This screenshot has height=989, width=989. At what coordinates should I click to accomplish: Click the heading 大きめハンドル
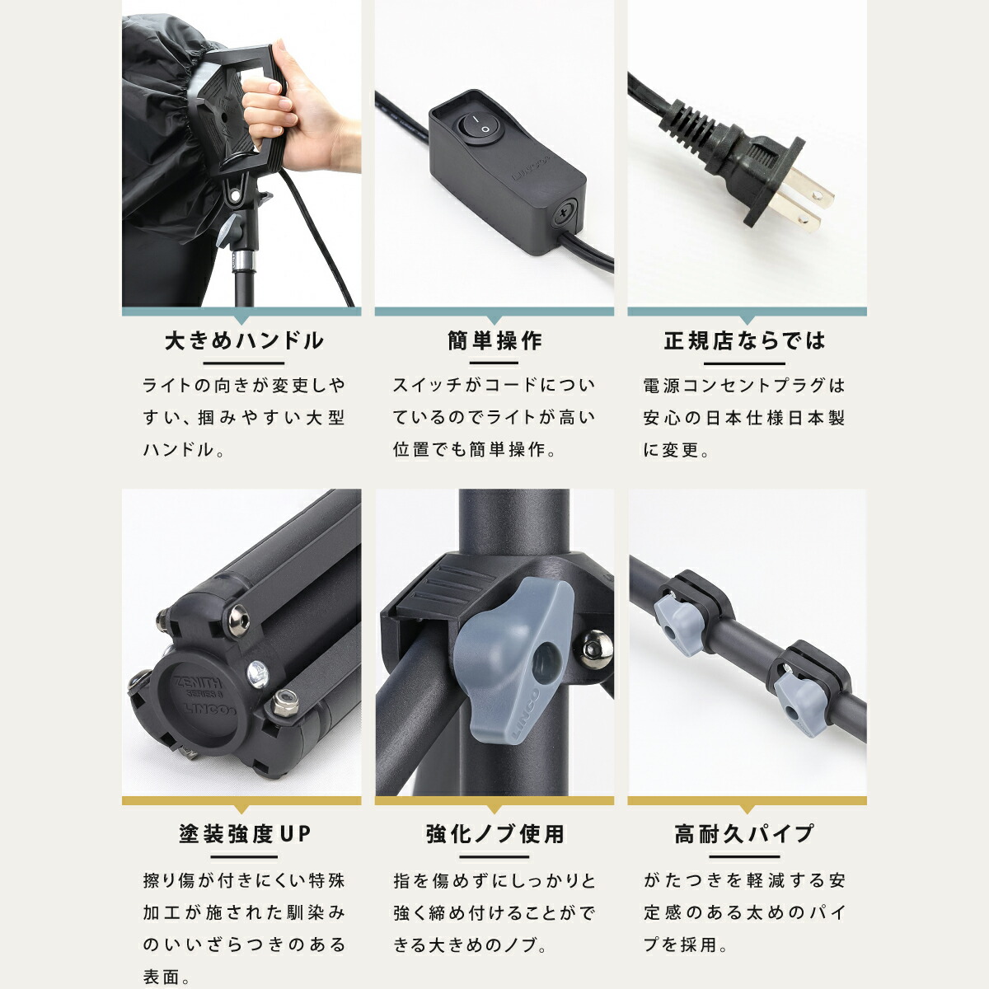[244, 341]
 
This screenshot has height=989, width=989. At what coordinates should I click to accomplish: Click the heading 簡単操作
[494, 341]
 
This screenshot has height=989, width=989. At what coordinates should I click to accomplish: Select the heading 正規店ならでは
[745, 341]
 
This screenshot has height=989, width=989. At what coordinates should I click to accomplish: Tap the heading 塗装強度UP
[245, 834]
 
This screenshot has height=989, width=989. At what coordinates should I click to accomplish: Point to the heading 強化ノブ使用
[494, 834]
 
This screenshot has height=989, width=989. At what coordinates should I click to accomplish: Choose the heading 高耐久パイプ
[745, 834]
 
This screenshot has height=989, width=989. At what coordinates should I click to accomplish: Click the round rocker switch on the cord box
[475, 127]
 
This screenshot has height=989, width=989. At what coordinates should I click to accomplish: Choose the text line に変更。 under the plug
[677, 450]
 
